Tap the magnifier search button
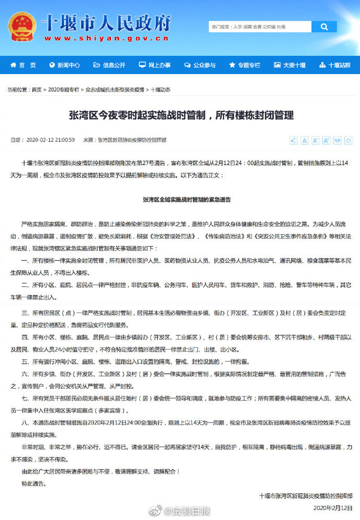click(324, 27)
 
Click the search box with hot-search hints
click(260, 27)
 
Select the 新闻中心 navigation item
click(65, 65)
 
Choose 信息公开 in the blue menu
click(110, 65)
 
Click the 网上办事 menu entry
click(154, 65)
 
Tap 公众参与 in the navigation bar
click(199, 65)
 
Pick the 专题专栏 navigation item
click(244, 65)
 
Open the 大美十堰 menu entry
click(290, 65)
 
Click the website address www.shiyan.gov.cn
click(106, 38)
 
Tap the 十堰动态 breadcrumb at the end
click(160, 90)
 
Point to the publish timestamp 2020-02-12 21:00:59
click(50, 140)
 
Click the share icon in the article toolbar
click(293, 140)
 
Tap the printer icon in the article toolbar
click(337, 140)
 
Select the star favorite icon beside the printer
click(348, 140)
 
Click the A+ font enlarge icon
click(326, 140)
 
